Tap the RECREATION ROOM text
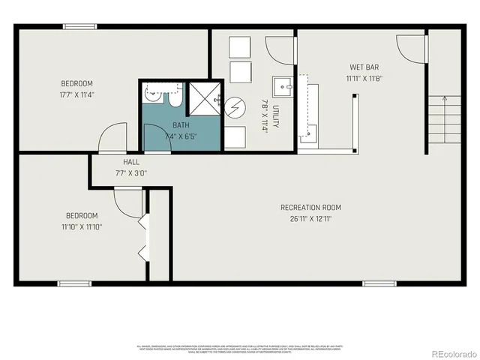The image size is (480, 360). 310,208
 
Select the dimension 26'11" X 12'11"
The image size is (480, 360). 310,219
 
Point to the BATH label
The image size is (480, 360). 181,125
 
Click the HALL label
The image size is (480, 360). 130,161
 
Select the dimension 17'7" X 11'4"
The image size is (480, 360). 76,94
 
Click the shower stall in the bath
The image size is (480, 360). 203,98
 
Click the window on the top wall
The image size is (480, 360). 79,26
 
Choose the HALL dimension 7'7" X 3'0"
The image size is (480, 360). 130,172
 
